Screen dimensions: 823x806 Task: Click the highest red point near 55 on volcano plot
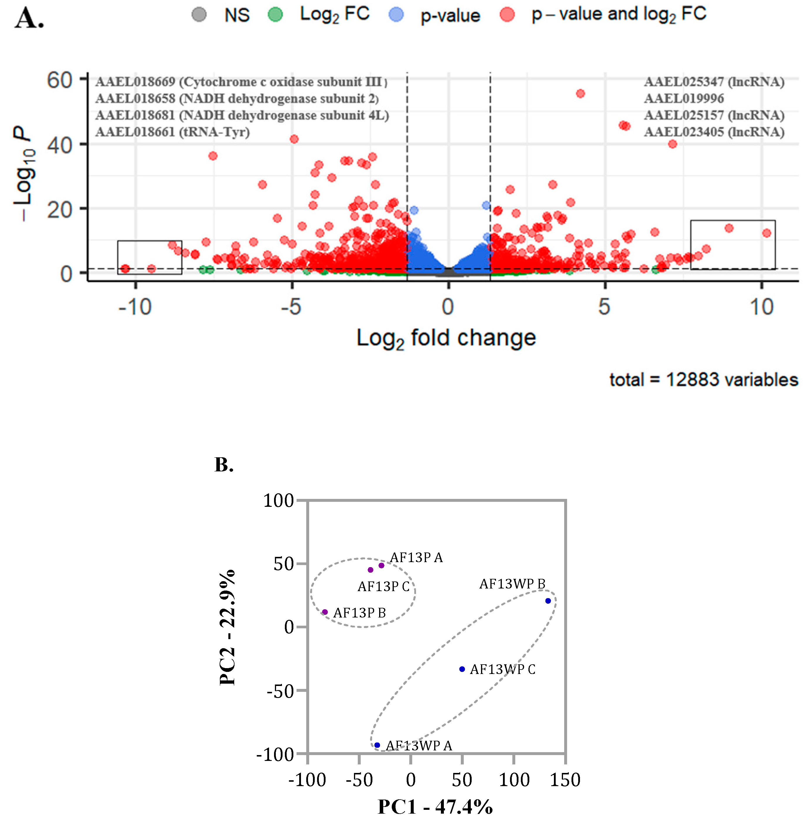(x=580, y=94)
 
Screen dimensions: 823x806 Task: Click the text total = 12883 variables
(x=704, y=380)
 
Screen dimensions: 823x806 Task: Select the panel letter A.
(x=29, y=19)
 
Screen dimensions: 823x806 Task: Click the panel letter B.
(x=224, y=465)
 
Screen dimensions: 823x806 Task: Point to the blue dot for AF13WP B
(x=548, y=601)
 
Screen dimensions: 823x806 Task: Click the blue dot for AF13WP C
(x=462, y=669)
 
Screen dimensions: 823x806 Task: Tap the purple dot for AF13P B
(x=325, y=612)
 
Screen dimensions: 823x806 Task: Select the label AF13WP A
(x=419, y=745)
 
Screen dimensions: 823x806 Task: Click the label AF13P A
(x=416, y=557)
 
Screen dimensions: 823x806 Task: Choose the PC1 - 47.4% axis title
(x=435, y=807)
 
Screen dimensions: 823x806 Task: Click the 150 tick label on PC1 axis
(x=565, y=780)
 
